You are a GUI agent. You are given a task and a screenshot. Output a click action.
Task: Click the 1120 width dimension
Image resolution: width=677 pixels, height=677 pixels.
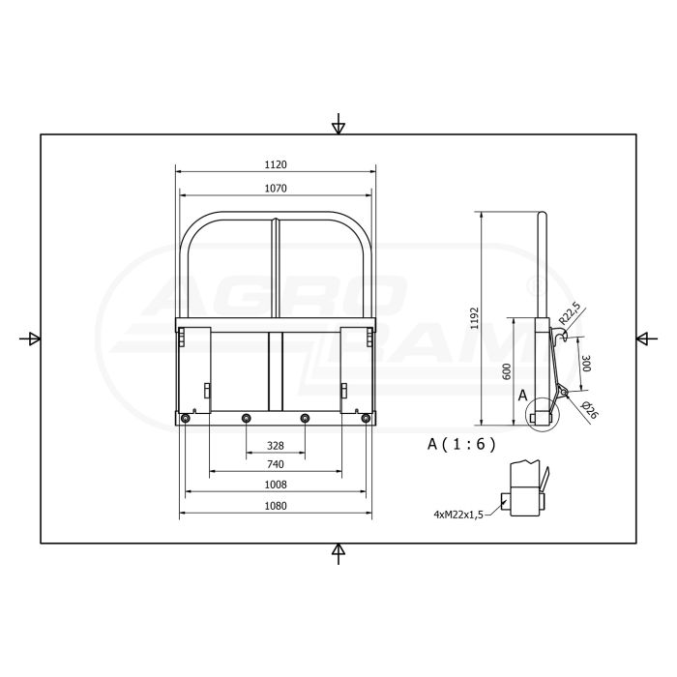tap(276, 164)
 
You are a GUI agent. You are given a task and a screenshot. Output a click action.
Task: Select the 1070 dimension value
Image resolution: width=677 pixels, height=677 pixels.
tap(276, 188)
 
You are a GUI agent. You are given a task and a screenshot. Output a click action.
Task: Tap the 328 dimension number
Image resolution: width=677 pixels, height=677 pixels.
tap(276, 447)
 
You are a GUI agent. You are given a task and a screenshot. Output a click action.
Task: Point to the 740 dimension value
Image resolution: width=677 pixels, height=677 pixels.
tap(276, 465)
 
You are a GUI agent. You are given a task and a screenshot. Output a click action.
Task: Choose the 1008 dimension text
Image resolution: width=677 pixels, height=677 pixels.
tap(276, 484)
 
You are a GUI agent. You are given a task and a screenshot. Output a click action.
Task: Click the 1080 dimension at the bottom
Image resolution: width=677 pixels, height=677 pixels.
tap(276, 506)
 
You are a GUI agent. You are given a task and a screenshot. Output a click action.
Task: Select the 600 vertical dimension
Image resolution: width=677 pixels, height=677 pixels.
tap(506, 370)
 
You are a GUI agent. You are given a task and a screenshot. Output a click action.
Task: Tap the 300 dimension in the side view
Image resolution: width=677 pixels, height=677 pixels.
tap(585, 364)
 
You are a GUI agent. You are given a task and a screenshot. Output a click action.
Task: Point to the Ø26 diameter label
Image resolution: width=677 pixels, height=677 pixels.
tap(590, 410)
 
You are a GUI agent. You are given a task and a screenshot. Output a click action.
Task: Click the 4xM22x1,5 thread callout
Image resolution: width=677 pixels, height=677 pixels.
tap(457, 515)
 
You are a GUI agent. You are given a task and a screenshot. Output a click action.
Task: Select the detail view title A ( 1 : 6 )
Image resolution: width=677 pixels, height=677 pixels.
tap(461, 444)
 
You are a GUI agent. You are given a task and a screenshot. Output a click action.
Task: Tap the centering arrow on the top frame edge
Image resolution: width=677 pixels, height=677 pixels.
tap(338, 126)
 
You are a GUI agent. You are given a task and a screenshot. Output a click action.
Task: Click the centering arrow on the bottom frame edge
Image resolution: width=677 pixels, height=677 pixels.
tap(338, 552)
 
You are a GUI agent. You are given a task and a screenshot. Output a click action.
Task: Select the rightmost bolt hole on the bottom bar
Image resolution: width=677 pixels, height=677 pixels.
tap(365, 418)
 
